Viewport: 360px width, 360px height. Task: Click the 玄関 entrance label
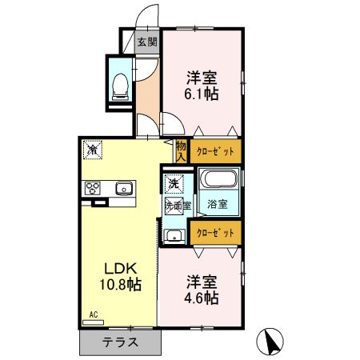click(146, 42)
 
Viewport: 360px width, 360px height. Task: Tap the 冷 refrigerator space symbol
click(94, 149)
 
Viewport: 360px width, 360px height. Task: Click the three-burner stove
click(93, 189)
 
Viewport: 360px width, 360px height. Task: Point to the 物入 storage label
click(182, 150)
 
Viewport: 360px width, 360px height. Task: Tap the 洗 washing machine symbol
click(173, 183)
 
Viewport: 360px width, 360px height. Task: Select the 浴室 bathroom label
click(217, 204)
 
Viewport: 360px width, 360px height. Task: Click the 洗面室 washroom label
click(177, 205)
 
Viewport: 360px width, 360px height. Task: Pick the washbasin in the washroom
click(173, 235)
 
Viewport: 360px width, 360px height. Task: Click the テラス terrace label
click(120, 342)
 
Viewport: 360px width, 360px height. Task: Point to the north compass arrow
click(272, 342)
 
